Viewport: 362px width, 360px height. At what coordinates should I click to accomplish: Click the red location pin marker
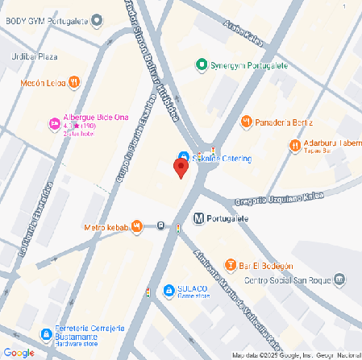pos(181,168)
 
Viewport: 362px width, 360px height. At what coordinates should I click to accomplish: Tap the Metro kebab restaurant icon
pos(138,226)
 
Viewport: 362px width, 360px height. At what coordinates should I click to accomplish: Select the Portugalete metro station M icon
pos(198,218)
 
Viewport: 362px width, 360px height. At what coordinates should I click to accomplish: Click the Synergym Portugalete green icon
pos(202,64)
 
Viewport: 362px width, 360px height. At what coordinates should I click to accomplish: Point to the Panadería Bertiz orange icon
pos(247,121)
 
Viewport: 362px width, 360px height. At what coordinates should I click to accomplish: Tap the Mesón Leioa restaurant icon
pos(74,81)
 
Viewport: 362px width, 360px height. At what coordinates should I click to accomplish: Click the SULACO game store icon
pos(168,290)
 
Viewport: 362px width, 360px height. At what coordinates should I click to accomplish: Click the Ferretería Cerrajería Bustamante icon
pos(45,333)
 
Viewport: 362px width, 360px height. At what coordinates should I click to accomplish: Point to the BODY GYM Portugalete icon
pos(98,19)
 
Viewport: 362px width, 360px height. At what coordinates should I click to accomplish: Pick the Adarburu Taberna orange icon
pos(295,145)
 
